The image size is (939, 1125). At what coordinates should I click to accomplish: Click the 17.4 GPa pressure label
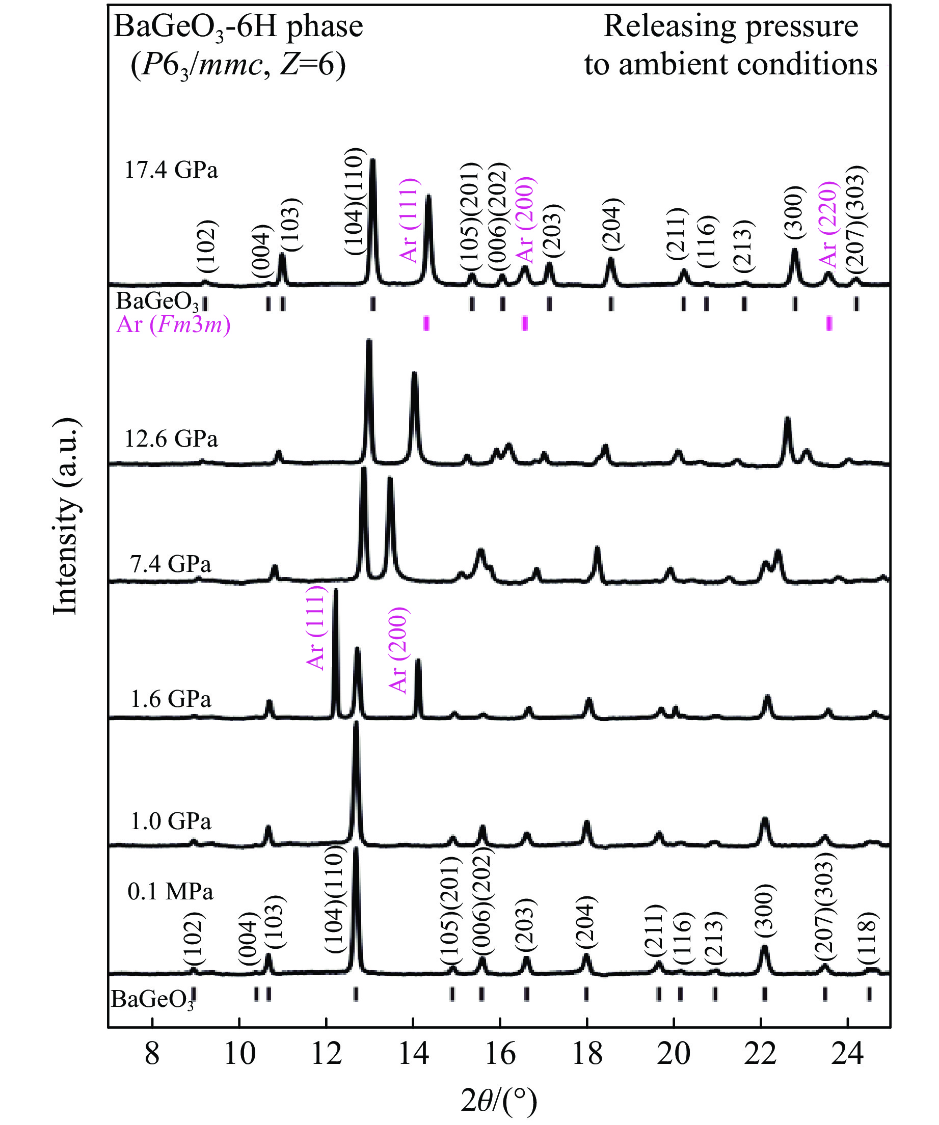pyautogui.click(x=171, y=171)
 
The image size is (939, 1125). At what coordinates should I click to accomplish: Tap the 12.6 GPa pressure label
pyautogui.click(x=171, y=440)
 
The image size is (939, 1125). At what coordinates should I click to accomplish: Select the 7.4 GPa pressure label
pyautogui.click(x=171, y=564)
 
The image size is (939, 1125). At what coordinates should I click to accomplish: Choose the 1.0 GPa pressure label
pyautogui.click(x=171, y=821)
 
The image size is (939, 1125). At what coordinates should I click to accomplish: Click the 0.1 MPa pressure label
pyautogui.click(x=171, y=892)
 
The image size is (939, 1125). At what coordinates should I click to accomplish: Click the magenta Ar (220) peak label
pyautogui.click(x=828, y=224)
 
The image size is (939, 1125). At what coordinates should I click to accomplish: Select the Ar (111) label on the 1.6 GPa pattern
pyautogui.click(x=315, y=627)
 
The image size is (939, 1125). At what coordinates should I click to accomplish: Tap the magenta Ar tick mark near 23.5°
pyautogui.click(x=829, y=323)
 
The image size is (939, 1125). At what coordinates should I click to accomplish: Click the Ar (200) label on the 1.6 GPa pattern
pyautogui.click(x=398, y=650)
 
